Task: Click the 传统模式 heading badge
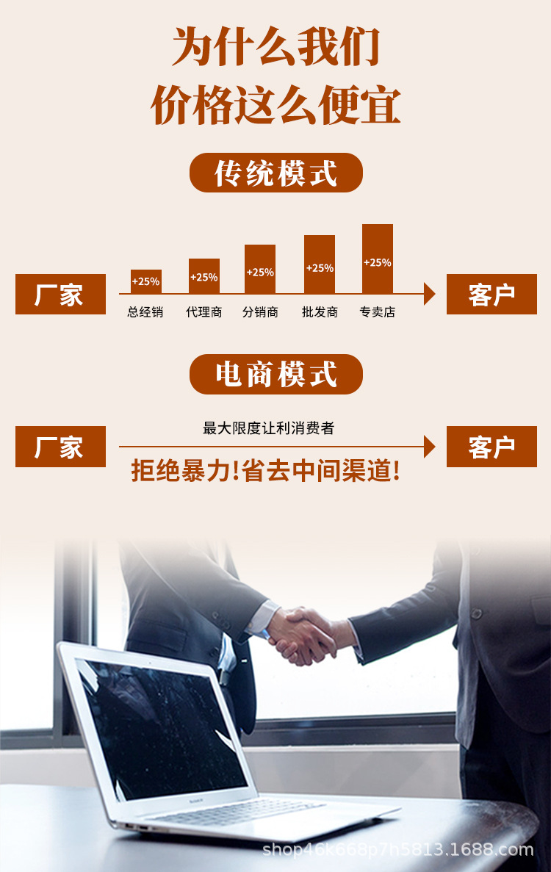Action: pyautogui.click(x=275, y=173)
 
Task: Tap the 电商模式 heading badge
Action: pyautogui.click(x=275, y=374)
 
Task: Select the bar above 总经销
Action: pyautogui.click(x=145, y=281)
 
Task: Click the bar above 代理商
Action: pyautogui.click(x=204, y=276)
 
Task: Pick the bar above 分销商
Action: pyautogui.click(x=260, y=270)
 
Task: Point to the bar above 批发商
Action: pyautogui.click(x=320, y=264)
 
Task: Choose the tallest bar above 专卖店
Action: pyautogui.click(x=378, y=259)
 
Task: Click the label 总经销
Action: pyautogui.click(x=145, y=312)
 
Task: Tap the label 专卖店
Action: pyautogui.click(x=378, y=312)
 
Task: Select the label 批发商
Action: pyautogui.click(x=320, y=312)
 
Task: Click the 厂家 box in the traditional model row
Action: pyautogui.click(x=60, y=295)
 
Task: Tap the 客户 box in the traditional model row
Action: pyautogui.click(x=491, y=295)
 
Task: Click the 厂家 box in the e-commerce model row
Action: pyautogui.click(x=60, y=447)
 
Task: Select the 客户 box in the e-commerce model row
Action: pyautogui.click(x=491, y=447)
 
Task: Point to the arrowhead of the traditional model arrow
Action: pyautogui.click(x=430, y=294)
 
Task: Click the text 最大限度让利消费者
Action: pyautogui.click(x=268, y=428)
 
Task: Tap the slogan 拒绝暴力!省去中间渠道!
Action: pyautogui.click(x=266, y=471)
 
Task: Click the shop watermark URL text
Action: pyautogui.click(x=397, y=850)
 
